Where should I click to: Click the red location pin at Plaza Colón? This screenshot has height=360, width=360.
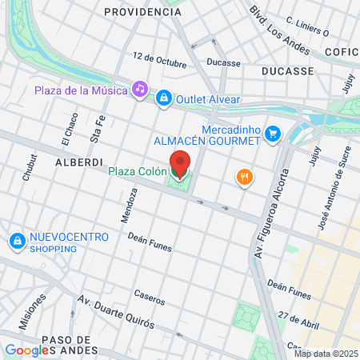point(180,164)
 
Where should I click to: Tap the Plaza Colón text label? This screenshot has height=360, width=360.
point(137,171)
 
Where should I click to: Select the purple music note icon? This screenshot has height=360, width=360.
point(140,89)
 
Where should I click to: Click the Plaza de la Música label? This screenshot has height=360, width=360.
point(81,90)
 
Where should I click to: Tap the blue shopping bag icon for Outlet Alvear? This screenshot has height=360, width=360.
point(163,97)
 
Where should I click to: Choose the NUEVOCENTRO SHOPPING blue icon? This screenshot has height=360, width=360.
point(16,240)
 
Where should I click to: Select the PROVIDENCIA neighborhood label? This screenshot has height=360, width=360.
point(142,12)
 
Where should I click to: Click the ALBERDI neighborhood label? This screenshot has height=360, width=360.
point(77,162)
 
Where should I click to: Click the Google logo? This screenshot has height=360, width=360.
point(26,350)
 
